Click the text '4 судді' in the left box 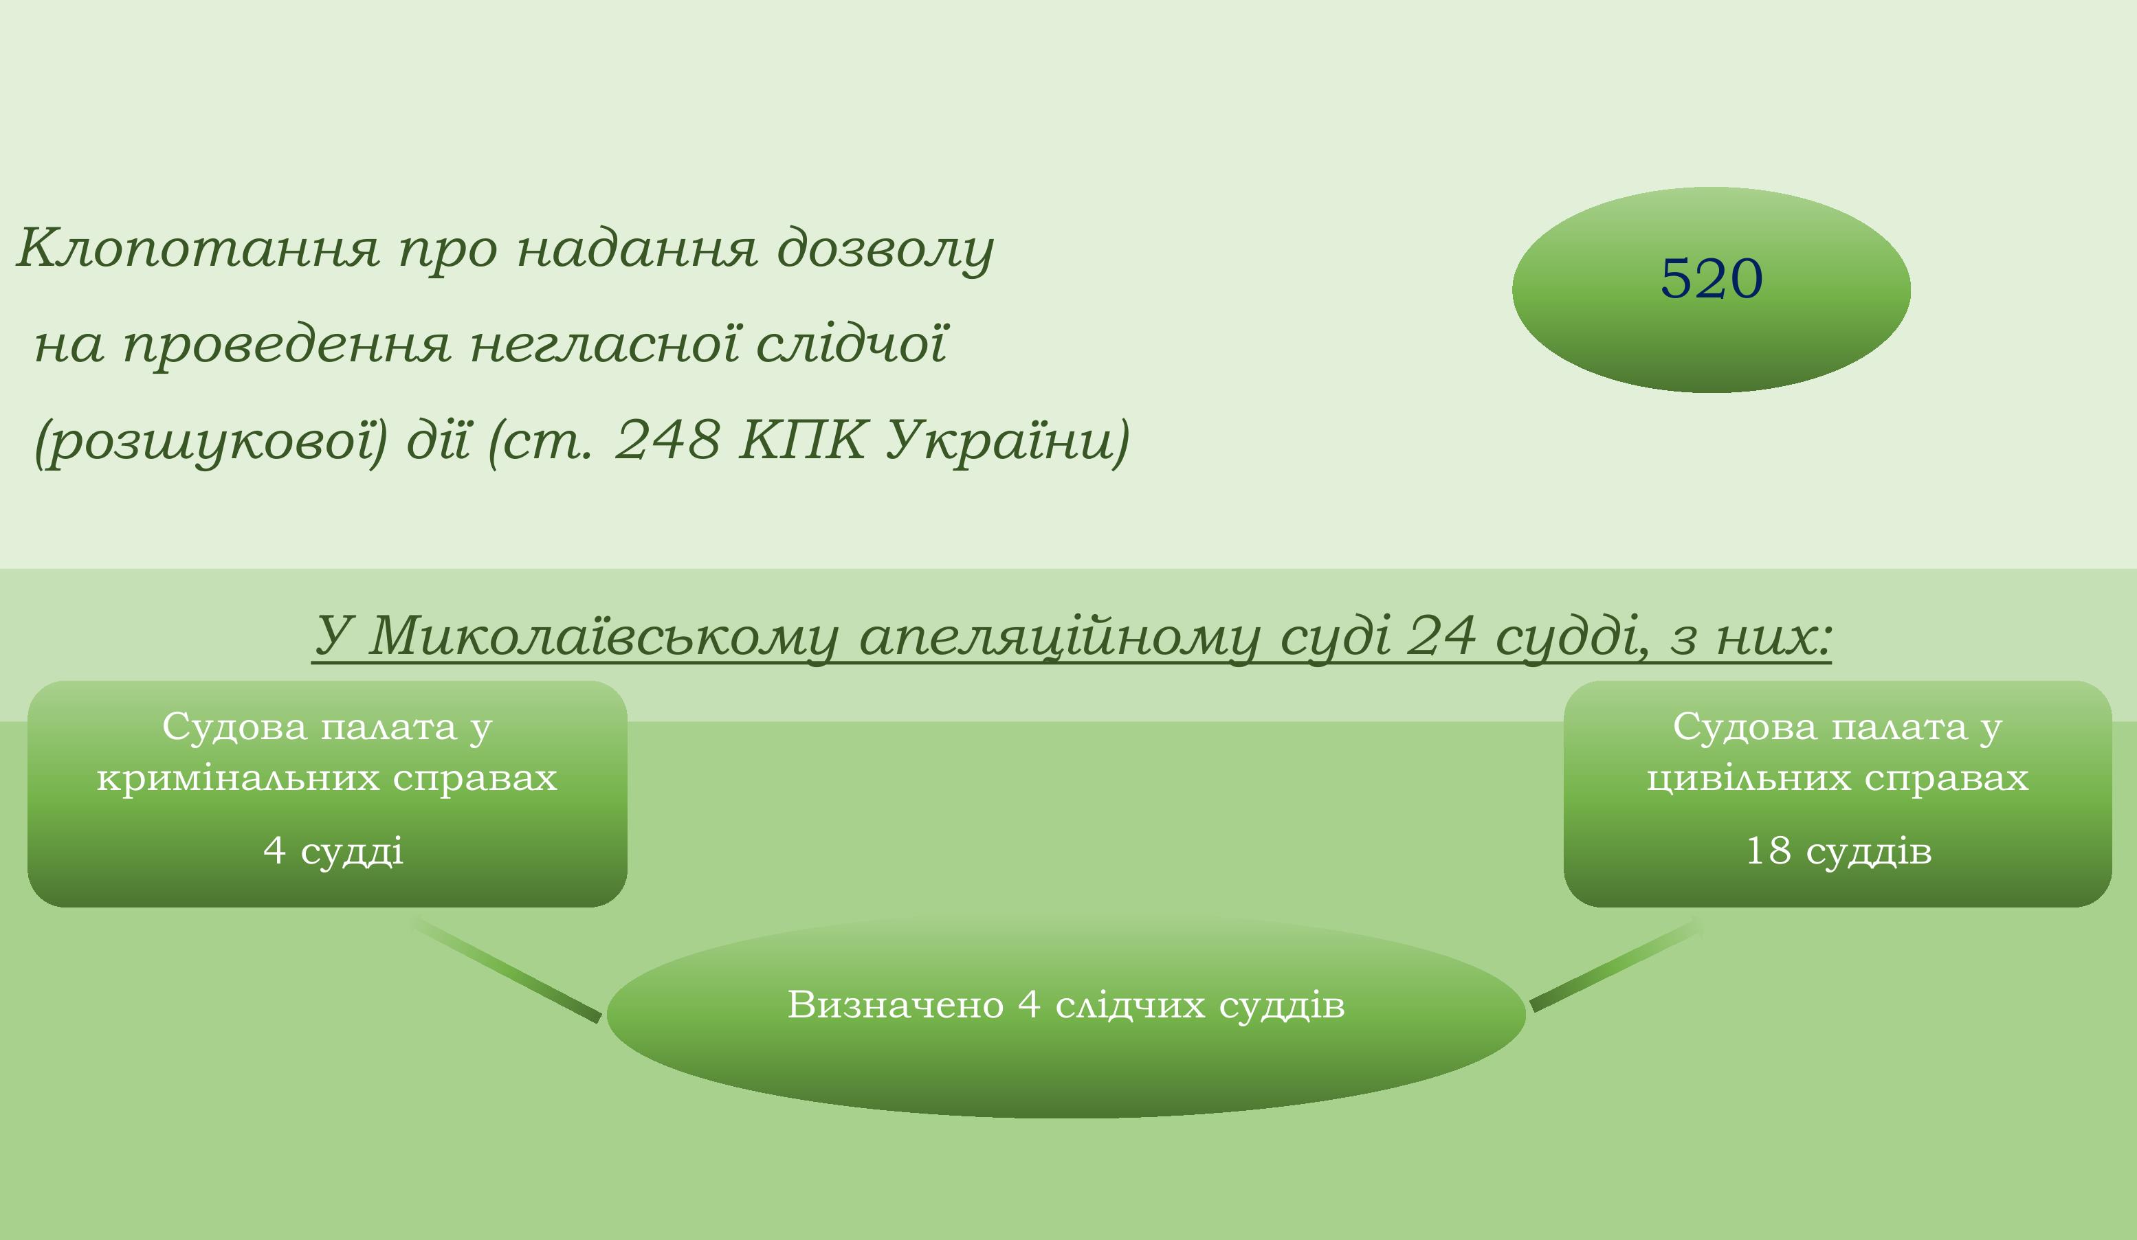(333, 850)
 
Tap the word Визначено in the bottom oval (896, 1004)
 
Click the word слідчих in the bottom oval (1131, 1004)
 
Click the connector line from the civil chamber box (1615, 965)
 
